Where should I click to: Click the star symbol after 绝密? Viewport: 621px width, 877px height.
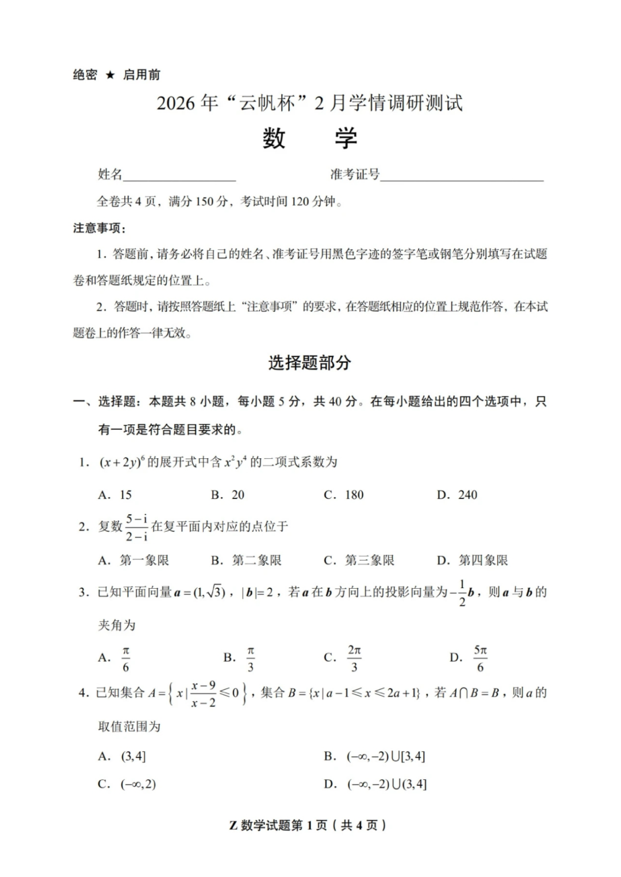(110, 75)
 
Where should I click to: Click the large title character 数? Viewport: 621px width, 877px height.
(274, 138)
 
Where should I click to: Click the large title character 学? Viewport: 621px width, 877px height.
(346, 138)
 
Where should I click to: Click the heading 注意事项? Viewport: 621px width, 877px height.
(99, 228)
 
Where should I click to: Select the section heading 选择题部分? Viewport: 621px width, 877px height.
(309, 362)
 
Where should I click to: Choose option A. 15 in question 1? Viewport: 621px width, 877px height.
(115, 494)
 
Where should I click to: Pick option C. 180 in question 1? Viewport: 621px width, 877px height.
(344, 494)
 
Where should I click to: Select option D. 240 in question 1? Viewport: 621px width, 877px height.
(457, 494)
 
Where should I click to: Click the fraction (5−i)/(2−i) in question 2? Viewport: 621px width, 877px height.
(137, 527)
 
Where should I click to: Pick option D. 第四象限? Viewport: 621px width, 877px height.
(472, 560)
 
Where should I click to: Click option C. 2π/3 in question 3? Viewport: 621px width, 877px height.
(344, 658)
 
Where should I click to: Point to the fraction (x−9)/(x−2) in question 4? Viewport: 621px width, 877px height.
(204, 694)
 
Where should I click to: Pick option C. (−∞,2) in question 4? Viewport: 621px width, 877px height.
(127, 784)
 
